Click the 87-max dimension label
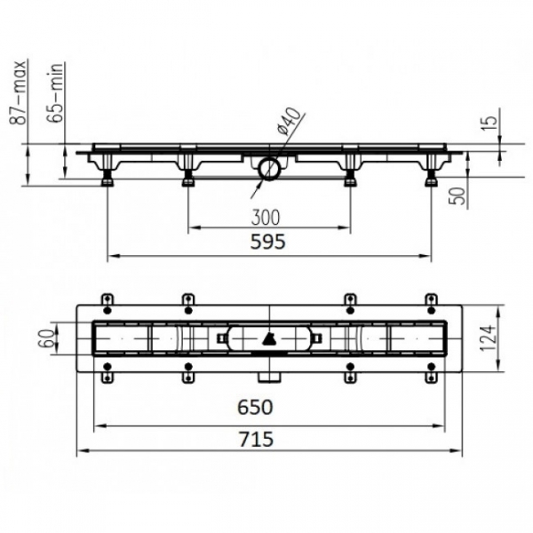tap(18, 92)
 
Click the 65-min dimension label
tap(55, 92)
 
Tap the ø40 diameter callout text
tap(289, 121)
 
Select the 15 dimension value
tap(489, 123)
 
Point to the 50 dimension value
tap(458, 195)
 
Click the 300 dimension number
tap(266, 218)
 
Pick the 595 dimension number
tap(268, 242)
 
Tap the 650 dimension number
tap(255, 407)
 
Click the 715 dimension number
tap(256, 439)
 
